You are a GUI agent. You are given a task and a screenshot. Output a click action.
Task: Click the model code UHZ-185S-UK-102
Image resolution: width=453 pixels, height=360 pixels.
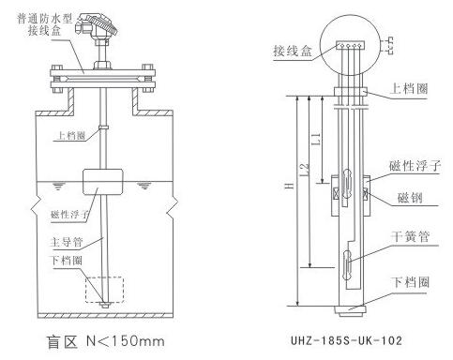[x=346, y=340]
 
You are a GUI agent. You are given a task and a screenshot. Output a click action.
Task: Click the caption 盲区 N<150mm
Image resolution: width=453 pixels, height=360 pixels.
[x=105, y=341]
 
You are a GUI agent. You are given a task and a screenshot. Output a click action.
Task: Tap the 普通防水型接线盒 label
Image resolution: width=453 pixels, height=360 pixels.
[x=45, y=24]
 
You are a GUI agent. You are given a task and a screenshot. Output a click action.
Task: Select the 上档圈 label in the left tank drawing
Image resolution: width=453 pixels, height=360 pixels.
[x=70, y=135]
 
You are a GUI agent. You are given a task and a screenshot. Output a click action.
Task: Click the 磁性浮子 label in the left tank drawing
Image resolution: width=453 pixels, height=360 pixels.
[x=69, y=215]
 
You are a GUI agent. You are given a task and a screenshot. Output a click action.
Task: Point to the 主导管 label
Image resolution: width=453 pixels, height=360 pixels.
[x=67, y=242]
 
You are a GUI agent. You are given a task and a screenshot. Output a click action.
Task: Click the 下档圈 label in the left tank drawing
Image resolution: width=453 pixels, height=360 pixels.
[x=68, y=260]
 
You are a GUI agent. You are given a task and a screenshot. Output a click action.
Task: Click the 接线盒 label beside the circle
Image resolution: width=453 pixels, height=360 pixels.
[x=293, y=50]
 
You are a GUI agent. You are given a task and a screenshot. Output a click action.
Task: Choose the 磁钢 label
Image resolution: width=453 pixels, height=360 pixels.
[x=410, y=198]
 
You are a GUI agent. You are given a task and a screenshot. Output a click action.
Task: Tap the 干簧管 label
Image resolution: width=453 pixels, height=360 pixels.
[x=410, y=236]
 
